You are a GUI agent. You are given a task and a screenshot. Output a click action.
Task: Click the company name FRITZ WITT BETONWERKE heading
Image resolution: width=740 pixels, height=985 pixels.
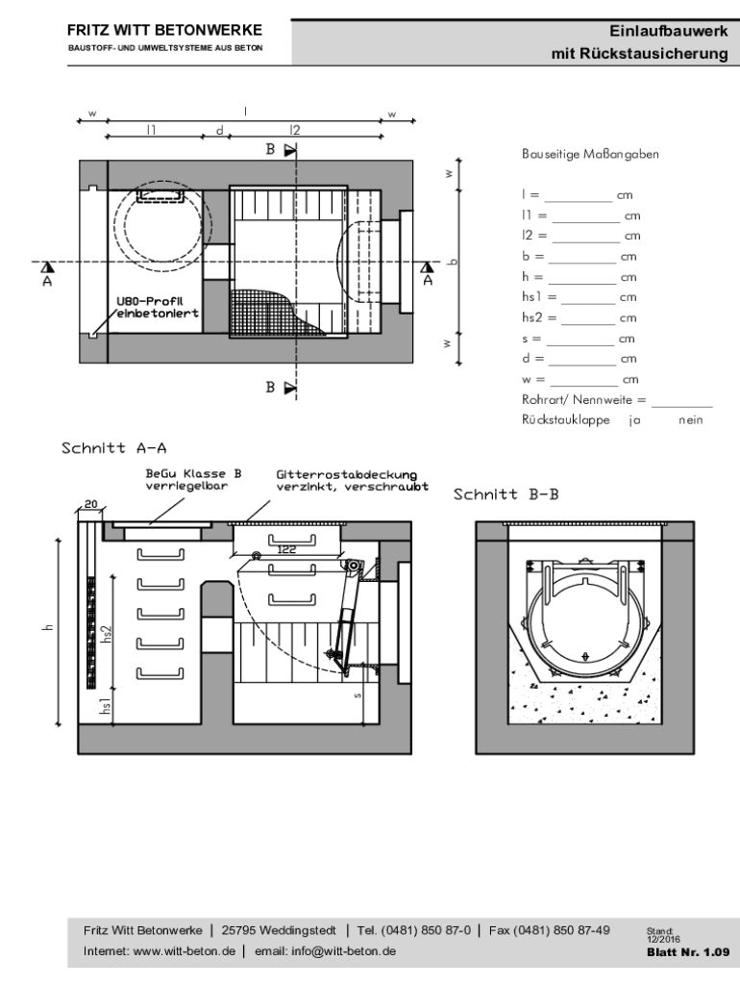tap(164, 30)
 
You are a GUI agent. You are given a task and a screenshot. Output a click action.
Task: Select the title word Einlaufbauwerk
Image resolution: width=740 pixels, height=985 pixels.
tap(669, 31)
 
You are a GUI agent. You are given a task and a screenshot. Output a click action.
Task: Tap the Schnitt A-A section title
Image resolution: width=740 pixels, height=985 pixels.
tap(113, 448)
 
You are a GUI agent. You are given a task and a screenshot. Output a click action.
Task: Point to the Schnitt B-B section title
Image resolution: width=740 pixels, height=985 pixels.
tap(506, 494)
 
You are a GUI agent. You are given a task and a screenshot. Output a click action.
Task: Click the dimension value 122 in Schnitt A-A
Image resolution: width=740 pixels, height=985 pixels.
tap(285, 549)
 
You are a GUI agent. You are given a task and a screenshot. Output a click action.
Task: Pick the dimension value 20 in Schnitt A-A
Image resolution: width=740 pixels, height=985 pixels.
tap(90, 504)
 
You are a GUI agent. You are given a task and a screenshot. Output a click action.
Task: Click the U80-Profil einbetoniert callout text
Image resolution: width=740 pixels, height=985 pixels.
tap(158, 307)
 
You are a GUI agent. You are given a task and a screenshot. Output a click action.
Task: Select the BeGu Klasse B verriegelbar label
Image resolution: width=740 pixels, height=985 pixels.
tap(193, 479)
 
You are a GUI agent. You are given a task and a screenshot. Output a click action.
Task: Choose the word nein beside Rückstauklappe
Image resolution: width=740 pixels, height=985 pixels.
tap(690, 419)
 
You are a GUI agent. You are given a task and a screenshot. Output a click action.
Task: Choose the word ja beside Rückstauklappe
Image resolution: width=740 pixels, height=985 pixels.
tap(634, 420)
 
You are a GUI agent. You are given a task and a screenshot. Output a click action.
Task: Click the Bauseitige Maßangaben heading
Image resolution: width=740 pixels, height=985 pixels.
tap(590, 154)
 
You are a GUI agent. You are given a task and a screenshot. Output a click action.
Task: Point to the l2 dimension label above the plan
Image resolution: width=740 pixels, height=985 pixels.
tap(295, 130)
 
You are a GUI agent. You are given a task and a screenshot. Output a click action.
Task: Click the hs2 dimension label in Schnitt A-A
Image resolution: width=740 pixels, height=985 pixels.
tap(107, 633)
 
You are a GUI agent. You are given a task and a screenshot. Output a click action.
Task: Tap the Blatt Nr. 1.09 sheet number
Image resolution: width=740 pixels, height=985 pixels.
tap(688, 951)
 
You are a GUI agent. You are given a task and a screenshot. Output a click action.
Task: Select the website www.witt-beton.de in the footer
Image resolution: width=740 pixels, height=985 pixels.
tap(185, 951)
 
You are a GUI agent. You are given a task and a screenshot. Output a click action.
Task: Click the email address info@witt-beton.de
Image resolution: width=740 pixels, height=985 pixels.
tap(343, 951)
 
